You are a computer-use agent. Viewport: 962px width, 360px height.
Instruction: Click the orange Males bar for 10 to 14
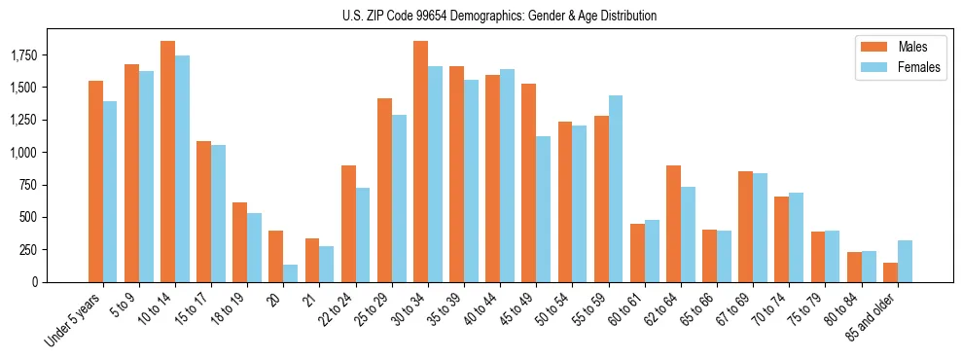tap(167, 162)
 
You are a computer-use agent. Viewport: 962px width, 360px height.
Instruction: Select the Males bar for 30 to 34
tap(420, 162)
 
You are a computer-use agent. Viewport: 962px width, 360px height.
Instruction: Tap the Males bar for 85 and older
tap(890, 272)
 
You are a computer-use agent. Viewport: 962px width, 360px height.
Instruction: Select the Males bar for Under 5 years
tap(95, 181)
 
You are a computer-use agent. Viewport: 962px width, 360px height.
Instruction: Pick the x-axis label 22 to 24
tap(335, 312)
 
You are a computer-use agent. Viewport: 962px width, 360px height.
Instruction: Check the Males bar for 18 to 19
tap(239, 242)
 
